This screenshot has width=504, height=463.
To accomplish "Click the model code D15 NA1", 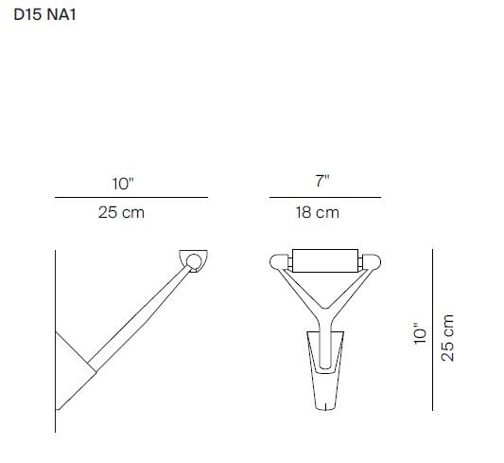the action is pyautogui.click(x=44, y=15).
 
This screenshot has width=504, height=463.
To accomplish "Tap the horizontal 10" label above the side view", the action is pyautogui.click(x=123, y=184).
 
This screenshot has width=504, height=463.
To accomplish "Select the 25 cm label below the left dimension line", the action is pyautogui.click(x=121, y=212).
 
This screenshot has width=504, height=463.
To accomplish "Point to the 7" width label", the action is pyautogui.click(x=322, y=181).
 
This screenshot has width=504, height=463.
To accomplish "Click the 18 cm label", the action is pyautogui.click(x=318, y=212).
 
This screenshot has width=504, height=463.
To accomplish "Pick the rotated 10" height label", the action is pyautogui.click(x=420, y=333).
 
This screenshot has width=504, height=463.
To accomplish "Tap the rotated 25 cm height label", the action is pyautogui.click(x=447, y=338).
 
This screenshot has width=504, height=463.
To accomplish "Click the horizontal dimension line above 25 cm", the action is pyautogui.click(x=131, y=197).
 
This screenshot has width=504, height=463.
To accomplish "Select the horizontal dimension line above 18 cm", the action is pyautogui.click(x=325, y=197).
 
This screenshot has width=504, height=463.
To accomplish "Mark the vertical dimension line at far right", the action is pyautogui.click(x=433, y=329).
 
